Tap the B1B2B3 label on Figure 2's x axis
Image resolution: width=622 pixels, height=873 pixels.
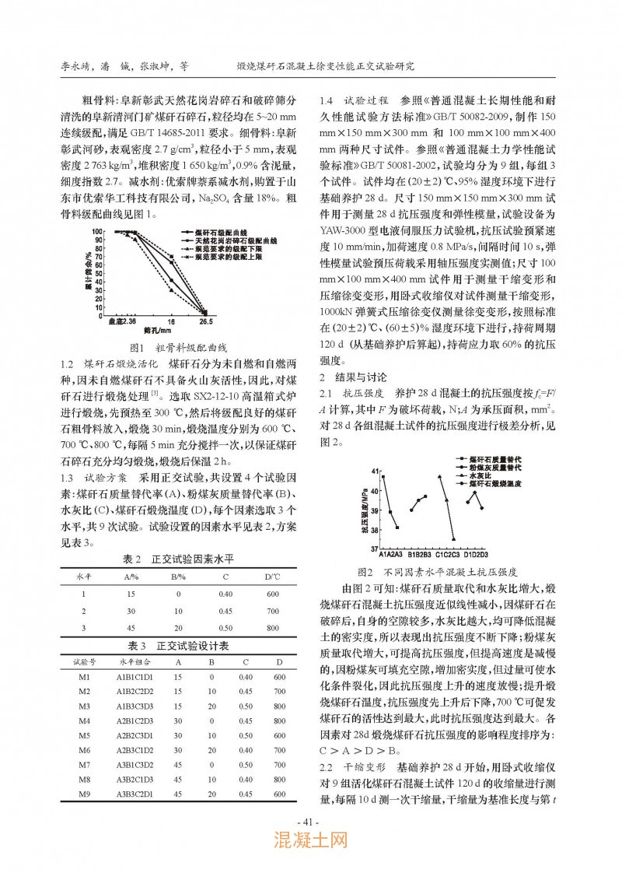pos(418,553)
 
